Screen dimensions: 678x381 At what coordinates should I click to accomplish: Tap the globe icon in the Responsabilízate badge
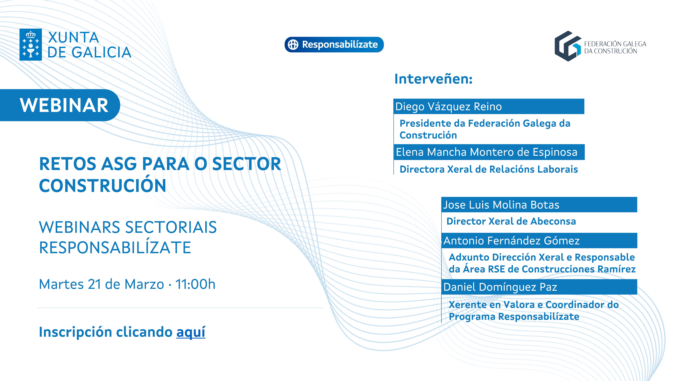click(293, 44)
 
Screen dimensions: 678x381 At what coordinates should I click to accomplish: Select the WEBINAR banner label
click(64, 105)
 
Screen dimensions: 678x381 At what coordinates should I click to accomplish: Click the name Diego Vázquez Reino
click(448, 107)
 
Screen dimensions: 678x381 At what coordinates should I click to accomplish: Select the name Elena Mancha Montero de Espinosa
click(487, 152)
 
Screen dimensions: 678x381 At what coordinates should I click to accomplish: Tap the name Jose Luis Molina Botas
click(501, 205)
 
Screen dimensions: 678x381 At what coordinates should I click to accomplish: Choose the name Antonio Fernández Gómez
click(511, 241)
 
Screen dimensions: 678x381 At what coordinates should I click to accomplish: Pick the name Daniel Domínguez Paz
click(500, 287)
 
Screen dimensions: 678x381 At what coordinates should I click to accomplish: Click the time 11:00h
click(195, 284)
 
